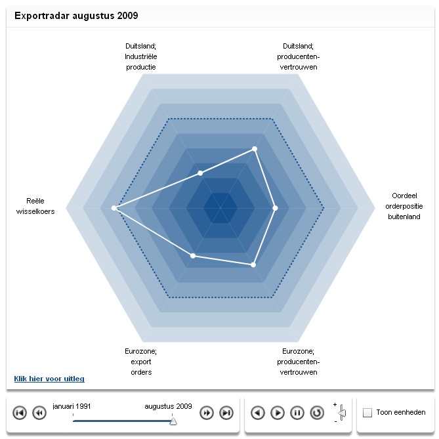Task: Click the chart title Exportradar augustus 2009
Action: coord(76,15)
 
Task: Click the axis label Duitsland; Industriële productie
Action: coord(141,56)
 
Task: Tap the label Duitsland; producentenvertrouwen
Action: coord(299,56)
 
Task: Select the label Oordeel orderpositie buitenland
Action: coord(404,206)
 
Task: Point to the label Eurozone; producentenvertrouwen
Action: coord(299,362)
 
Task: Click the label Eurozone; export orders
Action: coord(140,362)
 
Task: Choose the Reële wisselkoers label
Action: coord(36,206)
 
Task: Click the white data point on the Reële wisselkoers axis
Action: coord(115,208)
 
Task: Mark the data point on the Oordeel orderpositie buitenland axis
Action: coord(275,208)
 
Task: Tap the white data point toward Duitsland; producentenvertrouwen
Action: coord(255,149)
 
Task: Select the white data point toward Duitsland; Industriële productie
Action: coord(201,173)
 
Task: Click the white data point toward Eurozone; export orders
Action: coord(193,255)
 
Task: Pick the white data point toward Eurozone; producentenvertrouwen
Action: coord(253,264)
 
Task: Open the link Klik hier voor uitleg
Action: coord(49,379)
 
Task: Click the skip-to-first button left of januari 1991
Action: coord(20,413)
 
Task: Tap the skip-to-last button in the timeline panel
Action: coord(226,413)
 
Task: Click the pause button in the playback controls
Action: coord(297,413)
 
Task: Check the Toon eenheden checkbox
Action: coord(367,413)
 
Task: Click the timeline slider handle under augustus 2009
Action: coord(173,421)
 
